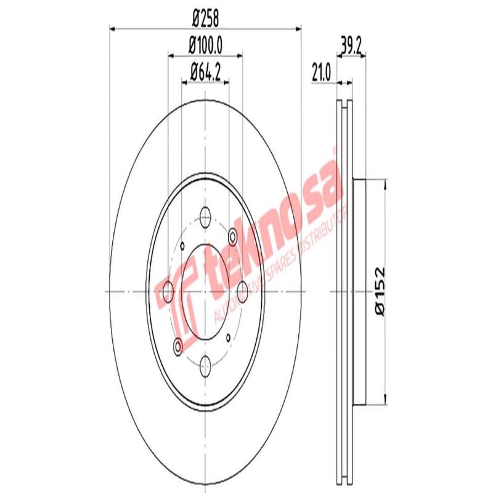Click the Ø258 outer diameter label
(x=205, y=18)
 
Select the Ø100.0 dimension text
(x=205, y=46)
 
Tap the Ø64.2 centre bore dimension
(x=205, y=71)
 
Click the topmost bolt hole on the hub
(x=205, y=216)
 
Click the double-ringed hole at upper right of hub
(x=233, y=235)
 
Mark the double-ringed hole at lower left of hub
(x=178, y=347)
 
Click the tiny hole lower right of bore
(x=228, y=336)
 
